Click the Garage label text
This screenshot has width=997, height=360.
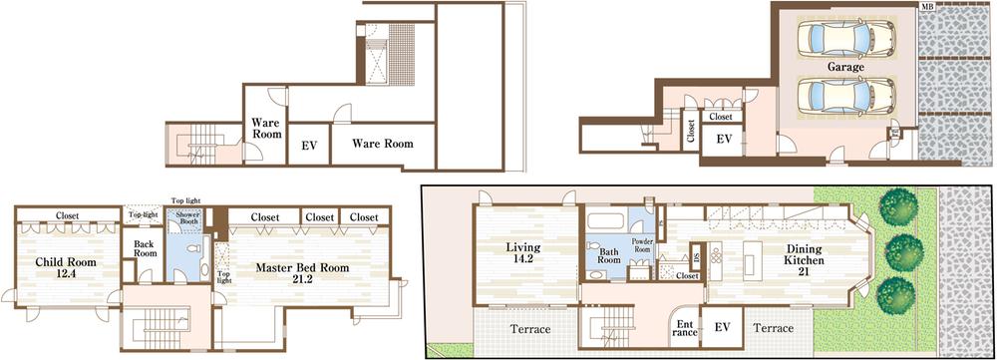click(x=845, y=67)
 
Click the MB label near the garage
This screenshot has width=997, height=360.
click(x=927, y=8)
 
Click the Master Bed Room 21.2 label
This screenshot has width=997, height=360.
click(x=300, y=274)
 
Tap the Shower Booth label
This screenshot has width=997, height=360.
click(x=187, y=221)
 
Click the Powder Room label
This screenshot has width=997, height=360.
click(x=641, y=243)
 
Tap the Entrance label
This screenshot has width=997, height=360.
click(x=686, y=326)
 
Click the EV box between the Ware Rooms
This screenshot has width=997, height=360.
click(x=309, y=146)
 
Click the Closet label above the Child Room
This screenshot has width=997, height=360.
click(x=68, y=214)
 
